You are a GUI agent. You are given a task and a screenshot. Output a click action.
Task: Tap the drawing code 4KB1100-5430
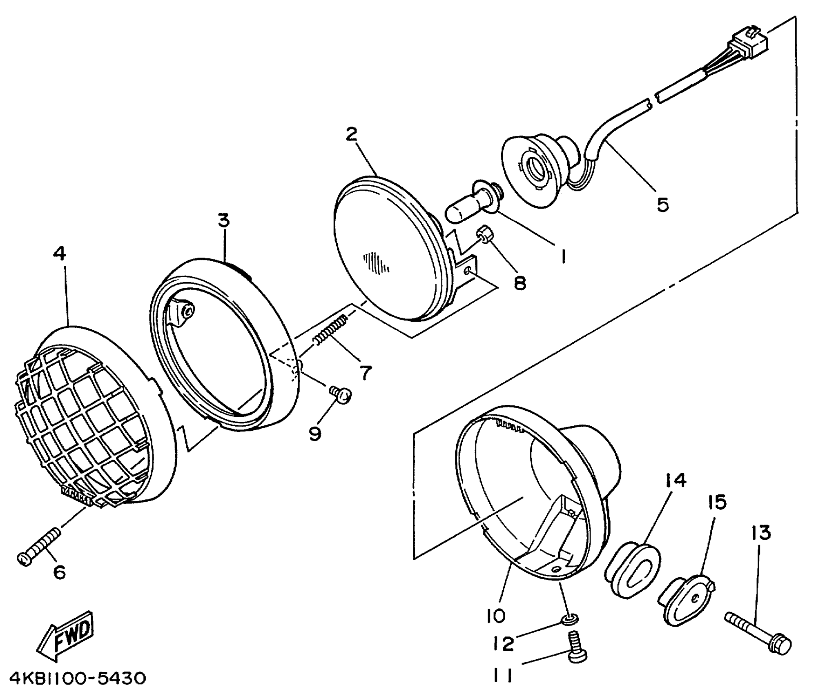coord(78,678)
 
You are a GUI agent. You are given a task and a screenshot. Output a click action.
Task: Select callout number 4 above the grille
coord(59,254)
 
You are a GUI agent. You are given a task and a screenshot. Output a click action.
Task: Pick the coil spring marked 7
coord(331,329)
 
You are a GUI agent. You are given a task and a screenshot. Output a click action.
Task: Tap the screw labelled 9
coord(341,394)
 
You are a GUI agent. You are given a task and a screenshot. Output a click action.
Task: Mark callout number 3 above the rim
coord(224,220)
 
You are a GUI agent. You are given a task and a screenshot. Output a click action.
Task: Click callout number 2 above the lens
coord(351,134)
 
